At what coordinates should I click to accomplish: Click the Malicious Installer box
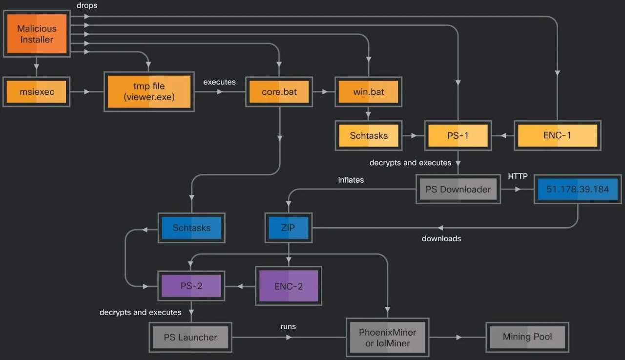click(x=37, y=34)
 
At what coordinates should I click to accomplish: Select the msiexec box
click(x=37, y=92)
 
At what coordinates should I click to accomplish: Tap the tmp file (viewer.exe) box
click(x=149, y=92)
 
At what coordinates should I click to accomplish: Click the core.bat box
click(x=279, y=92)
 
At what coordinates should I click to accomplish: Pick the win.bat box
click(x=369, y=92)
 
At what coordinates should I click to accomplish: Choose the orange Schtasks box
click(x=369, y=135)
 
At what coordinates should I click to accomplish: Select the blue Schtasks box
click(x=191, y=228)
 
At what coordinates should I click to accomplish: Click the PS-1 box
click(x=458, y=135)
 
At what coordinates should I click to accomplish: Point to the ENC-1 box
click(x=557, y=135)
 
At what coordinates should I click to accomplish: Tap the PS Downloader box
click(x=458, y=190)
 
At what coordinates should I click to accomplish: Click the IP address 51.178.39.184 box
click(x=578, y=190)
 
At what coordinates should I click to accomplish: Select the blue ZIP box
click(x=289, y=228)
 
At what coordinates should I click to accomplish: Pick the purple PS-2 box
click(x=191, y=286)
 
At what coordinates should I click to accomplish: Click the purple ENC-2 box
click(x=289, y=286)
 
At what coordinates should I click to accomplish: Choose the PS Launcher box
click(x=190, y=337)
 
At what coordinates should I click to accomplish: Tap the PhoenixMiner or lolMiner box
click(x=388, y=338)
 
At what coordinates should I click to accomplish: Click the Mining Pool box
click(x=527, y=337)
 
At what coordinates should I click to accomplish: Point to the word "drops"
click(x=86, y=5)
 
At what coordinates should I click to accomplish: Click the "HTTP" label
click(x=518, y=176)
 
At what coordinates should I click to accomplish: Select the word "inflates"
click(x=351, y=180)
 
